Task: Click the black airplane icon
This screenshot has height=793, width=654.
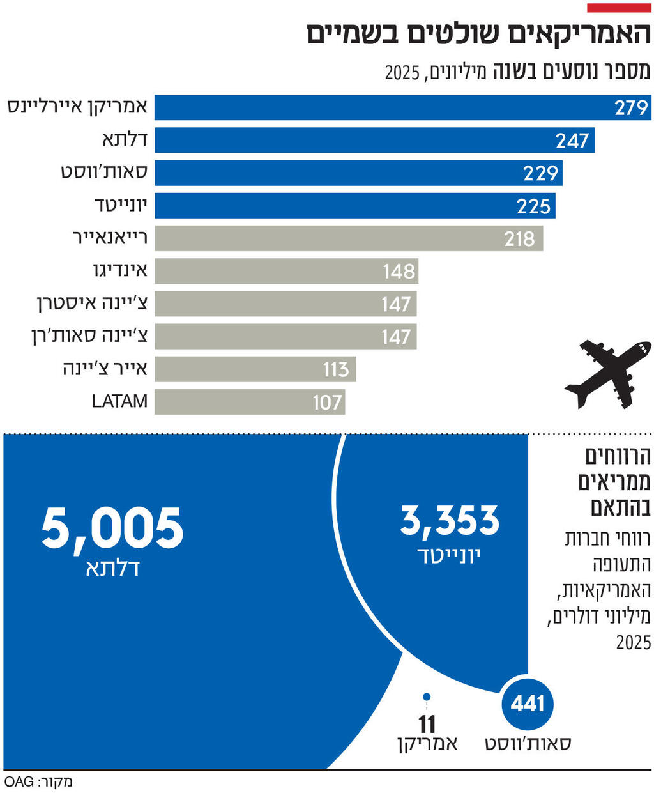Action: click(x=607, y=374)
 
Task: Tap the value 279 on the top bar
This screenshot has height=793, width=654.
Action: click(x=631, y=107)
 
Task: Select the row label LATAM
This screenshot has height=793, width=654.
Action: click(x=119, y=401)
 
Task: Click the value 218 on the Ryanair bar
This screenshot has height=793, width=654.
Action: click(x=519, y=238)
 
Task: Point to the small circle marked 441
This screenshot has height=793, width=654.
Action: click(x=527, y=704)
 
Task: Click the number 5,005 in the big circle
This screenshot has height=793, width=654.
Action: click(x=112, y=528)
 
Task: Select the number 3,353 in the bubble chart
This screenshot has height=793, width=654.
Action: click(x=450, y=520)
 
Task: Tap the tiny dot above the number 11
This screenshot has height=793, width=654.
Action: click(x=427, y=697)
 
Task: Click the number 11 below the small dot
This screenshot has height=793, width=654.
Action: click(x=427, y=724)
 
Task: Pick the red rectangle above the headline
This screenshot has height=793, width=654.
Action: click(x=618, y=8)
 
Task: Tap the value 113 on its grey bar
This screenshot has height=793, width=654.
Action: click(x=335, y=369)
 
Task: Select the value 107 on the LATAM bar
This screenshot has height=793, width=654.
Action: click(x=327, y=402)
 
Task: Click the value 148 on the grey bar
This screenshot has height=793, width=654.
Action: click(x=399, y=271)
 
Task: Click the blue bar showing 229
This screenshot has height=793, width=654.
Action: click(x=358, y=173)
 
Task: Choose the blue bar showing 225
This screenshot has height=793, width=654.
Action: click(x=354, y=206)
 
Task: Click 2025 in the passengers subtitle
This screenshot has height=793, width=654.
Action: click(x=402, y=72)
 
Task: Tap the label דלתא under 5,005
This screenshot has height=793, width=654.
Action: click(x=112, y=568)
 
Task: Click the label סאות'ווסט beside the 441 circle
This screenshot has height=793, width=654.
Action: click(x=528, y=743)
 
